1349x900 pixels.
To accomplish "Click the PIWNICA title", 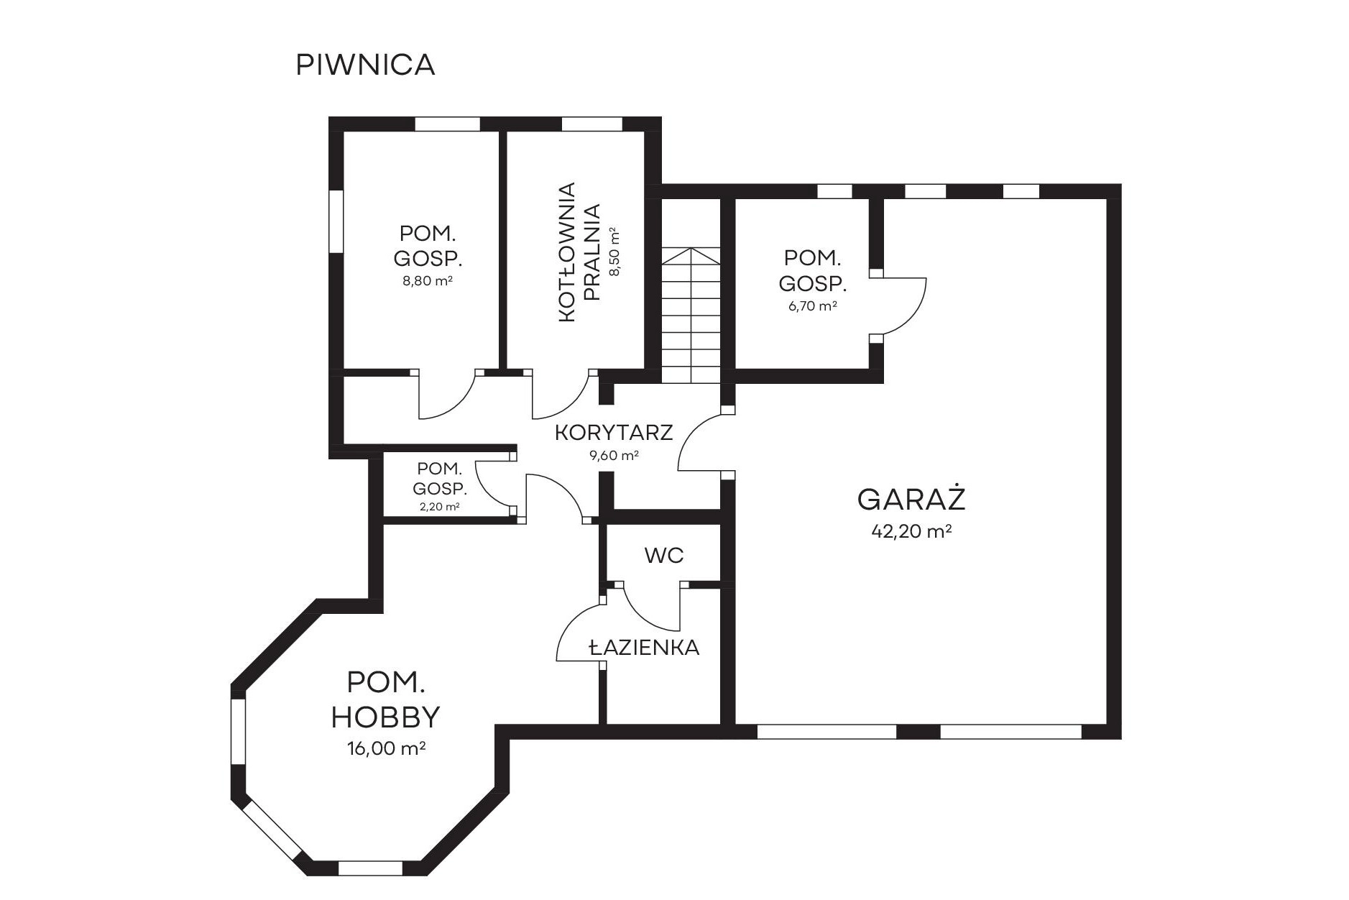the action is (365, 65).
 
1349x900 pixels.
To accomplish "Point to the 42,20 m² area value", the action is (911, 531).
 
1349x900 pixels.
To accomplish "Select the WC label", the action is (664, 555).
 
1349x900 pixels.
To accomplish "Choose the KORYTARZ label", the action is (614, 433).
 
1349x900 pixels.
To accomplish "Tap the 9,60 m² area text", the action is (614, 455).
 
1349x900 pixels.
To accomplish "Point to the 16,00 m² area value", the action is (386, 748).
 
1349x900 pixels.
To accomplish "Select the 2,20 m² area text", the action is (439, 506).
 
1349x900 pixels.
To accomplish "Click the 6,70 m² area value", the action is (812, 306).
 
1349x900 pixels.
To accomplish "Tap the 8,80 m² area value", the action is (428, 280).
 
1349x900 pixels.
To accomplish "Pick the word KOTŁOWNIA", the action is (567, 252).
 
